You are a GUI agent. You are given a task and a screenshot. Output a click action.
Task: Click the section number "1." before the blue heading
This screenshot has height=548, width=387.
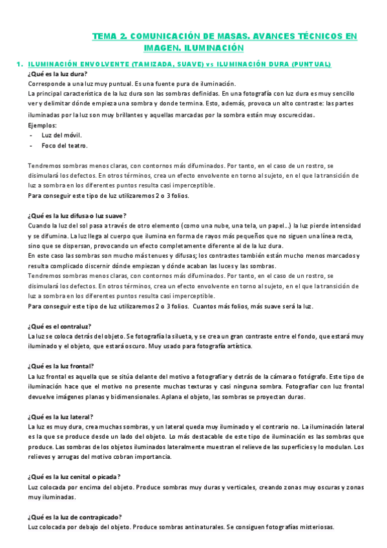click(x=19, y=65)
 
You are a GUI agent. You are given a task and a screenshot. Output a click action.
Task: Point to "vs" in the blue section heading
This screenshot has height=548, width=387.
click(x=211, y=65)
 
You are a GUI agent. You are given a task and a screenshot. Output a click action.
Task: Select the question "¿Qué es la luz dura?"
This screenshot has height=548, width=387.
click(x=58, y=74)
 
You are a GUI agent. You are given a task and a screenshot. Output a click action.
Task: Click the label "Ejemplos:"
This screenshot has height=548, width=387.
click(x=43, y=125)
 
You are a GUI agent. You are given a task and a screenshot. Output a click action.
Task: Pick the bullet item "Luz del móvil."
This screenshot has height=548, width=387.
click(x=63, y=135)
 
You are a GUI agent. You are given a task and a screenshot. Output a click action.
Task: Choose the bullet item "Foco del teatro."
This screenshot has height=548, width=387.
click(x=65, y=145)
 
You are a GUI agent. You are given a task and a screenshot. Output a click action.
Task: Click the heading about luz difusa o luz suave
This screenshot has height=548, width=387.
click(x=77, y=215)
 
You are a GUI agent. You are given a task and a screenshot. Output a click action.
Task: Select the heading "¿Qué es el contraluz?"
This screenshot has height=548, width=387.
click(x=59, y=326)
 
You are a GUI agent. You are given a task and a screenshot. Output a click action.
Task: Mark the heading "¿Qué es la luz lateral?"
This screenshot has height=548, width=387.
click(x=61, y=417)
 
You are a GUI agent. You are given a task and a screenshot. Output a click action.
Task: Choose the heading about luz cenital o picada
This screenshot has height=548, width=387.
click(x=74, y=477)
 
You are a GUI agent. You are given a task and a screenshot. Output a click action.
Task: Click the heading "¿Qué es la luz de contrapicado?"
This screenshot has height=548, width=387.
click(x=75, y=516)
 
